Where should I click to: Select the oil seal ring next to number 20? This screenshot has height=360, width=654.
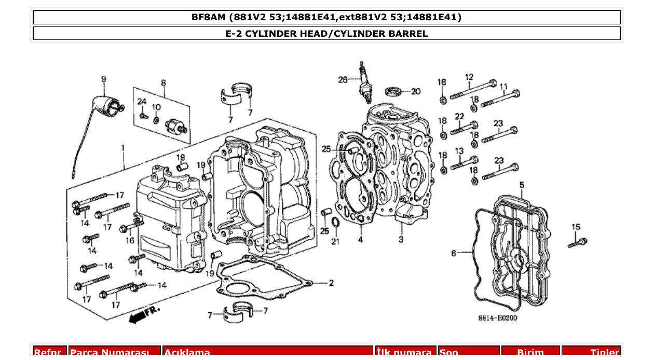click(x=394, y=92)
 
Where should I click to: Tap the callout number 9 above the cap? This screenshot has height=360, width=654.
click(x=104, y=79)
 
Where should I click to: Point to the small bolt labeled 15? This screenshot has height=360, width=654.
click(x=577, y=242)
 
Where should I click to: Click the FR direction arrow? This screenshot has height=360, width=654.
click(x=144, y=314)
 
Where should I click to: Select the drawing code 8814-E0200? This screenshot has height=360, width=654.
click(x=497, y=318)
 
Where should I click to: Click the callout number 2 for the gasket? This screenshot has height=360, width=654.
click(x=331, y=283)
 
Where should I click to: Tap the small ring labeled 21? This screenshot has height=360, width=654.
click(x=335, y=223)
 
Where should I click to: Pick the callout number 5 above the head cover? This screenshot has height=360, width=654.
click(x=522, y=185)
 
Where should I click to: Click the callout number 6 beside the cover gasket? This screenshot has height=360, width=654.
click(x=454, y=253)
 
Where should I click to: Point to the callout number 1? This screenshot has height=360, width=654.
click(x=123, y=148)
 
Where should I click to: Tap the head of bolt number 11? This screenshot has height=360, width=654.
click(x=515, y=94)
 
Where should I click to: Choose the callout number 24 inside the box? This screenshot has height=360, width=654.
click(x=142, y=102)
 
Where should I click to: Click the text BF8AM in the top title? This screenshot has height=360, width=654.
click(x=209, y=17)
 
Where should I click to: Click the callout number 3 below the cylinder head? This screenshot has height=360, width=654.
click(x=401, y=239)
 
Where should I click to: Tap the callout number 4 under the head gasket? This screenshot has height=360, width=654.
click(x=360, y=240)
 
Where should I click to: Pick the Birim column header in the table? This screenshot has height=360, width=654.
click(x=530, y=352)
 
